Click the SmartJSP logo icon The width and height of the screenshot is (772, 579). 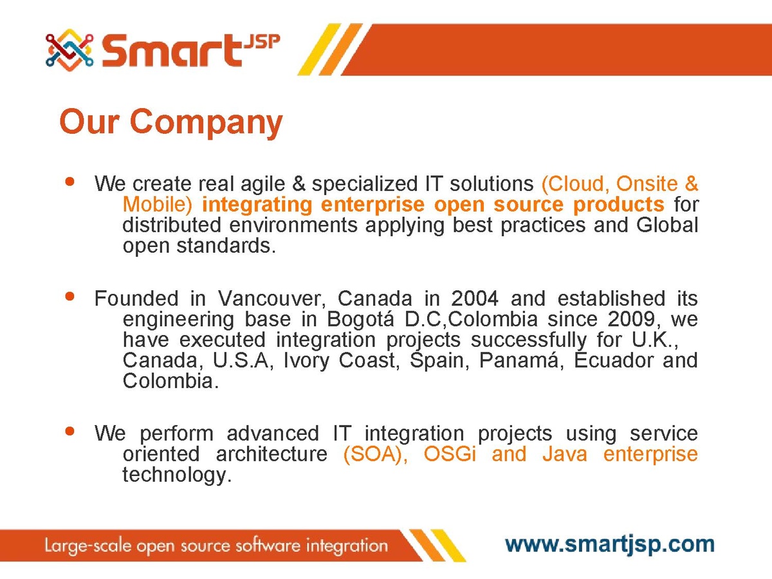point(69,50)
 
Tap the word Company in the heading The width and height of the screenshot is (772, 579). point(206,122)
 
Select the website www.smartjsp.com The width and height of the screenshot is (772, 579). point(609,545)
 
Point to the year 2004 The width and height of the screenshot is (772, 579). point(475,299)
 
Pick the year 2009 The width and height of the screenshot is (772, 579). point(631,319)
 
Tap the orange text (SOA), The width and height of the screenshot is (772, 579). point(375,454)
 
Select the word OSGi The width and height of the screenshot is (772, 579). point(450,454)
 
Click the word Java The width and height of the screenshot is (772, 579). point(565,454)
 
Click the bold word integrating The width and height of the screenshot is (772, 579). point(257,205)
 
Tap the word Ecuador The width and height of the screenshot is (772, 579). point(613,360)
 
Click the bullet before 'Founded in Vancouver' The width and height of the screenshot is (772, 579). point(70,297)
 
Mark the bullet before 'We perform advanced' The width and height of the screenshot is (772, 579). point(70,431)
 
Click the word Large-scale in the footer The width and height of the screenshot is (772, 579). point(88,546)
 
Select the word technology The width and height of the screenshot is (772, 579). point(177,475)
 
